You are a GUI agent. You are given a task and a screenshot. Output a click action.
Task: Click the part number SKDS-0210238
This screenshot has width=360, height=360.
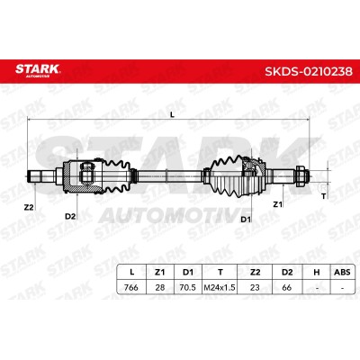[x=309, y=71]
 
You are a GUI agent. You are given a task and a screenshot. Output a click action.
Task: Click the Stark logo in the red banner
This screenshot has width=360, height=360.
[x=38, y=70]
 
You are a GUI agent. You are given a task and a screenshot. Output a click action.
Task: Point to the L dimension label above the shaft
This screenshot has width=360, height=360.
[x=172, y=114]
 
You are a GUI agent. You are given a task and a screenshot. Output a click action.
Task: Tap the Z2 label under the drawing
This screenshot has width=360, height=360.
[x=29, y=207]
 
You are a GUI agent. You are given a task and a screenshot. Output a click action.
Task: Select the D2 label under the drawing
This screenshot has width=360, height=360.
[x=70, y=216]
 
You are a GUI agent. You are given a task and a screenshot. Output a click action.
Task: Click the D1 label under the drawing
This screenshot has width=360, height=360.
[x=246, y=220]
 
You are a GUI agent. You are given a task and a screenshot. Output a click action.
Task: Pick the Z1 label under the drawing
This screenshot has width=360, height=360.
[x=278, y=204]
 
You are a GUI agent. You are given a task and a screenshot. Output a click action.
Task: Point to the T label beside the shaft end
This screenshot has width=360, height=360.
[x=323, y=196]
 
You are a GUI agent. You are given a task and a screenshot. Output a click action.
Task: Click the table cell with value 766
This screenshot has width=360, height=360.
[x=131, y=287]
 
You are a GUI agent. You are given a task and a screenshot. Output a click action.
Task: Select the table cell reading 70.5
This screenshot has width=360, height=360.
[x=187, y=287]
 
